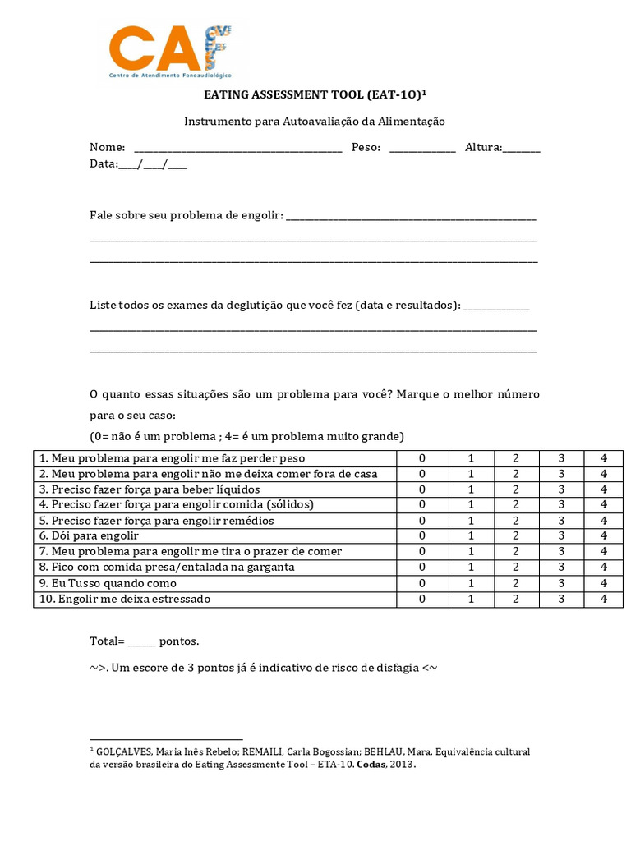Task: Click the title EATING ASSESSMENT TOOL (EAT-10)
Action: click(x=315, y=95)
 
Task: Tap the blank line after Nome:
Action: click(x=237, y=148)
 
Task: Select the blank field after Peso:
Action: click(x=421, y=148)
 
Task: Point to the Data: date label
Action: click(x=104, y=163)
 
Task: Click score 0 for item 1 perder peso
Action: click(x=422, y=458)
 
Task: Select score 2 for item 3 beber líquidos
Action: click(x=516, y=489)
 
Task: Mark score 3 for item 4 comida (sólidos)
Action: click(x=561, y=505)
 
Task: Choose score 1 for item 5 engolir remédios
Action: click(x=472, y=521)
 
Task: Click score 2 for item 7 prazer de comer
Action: click(x=516, y=552)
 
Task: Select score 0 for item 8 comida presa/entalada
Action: click(x=422, y=568)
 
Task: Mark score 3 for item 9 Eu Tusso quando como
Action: click(x=561, y=583)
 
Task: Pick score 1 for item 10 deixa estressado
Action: click(x=472, y=599)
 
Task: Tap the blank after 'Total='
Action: click(x=141, y=641)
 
